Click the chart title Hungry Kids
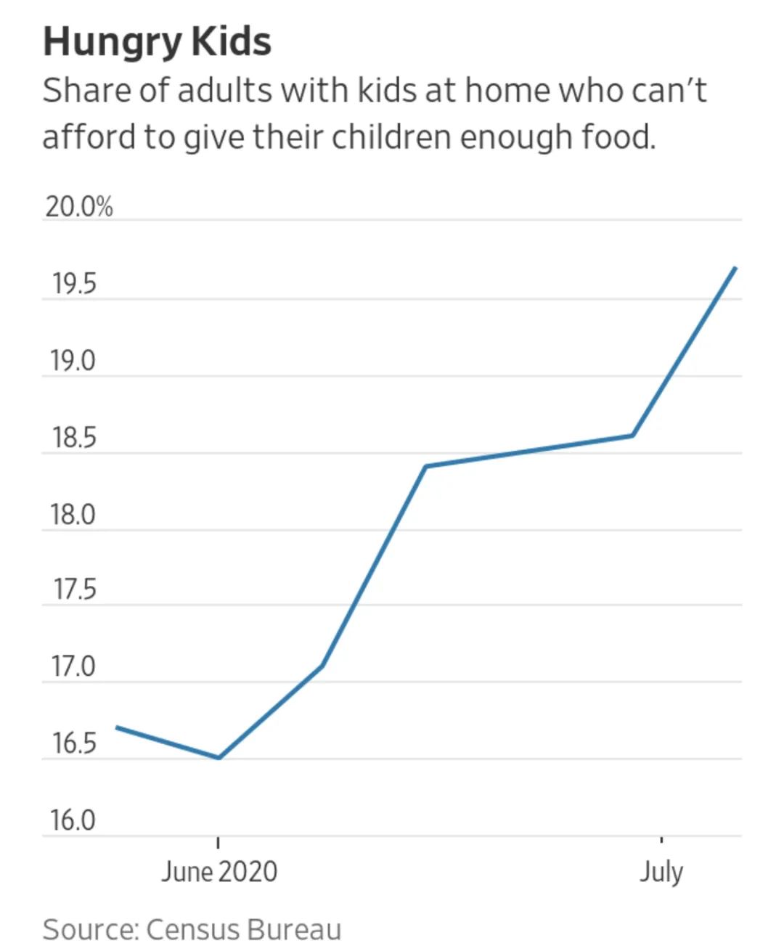tap(157, 41)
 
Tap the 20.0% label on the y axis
tap(79, 207)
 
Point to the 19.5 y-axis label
tap(73, 285)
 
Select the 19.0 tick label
tap(73, 361)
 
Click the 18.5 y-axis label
tap(73, 438)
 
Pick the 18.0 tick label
tap(73, 515)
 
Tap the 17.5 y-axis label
tap(73, 590)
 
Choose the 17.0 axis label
tap(73, 666)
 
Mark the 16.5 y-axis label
tap(73, 743)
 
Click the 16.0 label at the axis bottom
tap(73, 820)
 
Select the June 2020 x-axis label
tap(219, 871)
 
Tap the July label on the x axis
tap(661, 871)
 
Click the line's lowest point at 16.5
tap(219, 758)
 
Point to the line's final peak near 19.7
tap(735, 268)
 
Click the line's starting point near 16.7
tap(118, 727)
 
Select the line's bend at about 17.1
tap(322, 665)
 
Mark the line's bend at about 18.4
tap(426, 466)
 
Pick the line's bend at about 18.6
tap(633, 436)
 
